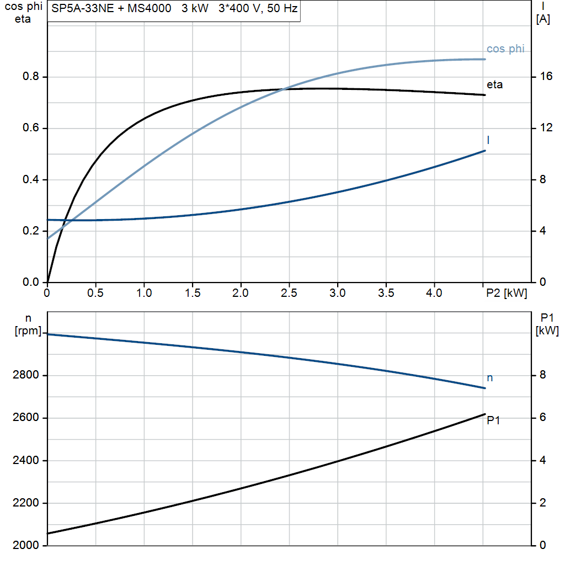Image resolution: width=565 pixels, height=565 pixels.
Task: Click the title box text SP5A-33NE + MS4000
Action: point(111,8)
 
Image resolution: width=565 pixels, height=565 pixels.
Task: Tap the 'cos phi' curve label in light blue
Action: point(505,49)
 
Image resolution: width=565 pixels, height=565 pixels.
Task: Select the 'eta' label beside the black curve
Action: point(494,84)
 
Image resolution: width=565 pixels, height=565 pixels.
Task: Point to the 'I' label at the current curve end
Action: point(488,140)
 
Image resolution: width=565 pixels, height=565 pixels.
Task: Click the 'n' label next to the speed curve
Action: point(490,378)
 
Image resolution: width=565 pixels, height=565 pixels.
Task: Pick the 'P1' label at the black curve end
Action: point(493,420)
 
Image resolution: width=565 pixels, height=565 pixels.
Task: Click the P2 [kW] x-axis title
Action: point(507,294)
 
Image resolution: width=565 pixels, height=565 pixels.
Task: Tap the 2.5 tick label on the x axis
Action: point(289,293)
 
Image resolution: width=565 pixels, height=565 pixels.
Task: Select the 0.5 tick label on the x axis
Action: point(95,293)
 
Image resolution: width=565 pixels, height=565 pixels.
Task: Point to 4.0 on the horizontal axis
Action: point(434,293)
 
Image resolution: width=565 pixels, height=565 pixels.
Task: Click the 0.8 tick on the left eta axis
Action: point(31,76)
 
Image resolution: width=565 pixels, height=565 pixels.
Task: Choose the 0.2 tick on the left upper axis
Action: point(31,231)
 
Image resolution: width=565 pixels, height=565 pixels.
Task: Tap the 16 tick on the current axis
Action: point(546,76)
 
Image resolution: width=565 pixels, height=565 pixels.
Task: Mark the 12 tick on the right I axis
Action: point(546,127)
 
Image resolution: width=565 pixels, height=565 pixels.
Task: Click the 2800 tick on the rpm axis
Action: point(25,375)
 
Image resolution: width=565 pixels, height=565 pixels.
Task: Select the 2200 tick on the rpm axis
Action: point(25,503)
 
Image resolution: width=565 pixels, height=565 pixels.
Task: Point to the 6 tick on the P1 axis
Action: point(543,418)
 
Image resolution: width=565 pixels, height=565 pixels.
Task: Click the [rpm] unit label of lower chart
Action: point(28,331)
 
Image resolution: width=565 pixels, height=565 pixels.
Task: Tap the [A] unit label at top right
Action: point(543,19)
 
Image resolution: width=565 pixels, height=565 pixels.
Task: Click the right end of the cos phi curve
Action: point(485,59)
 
